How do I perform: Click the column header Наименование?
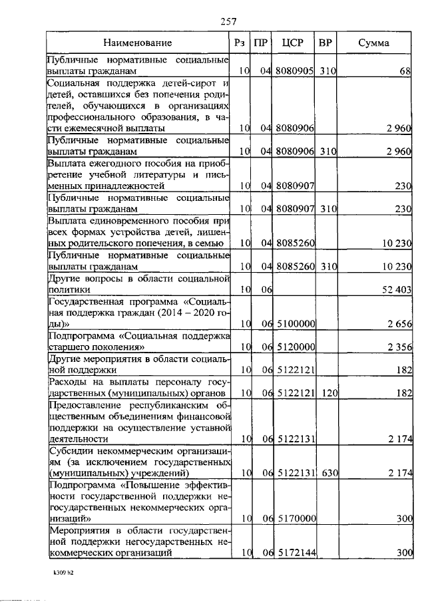(x=138, y=43)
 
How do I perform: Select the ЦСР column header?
(x=293, y=43)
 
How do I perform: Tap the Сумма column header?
(x=374, y=43)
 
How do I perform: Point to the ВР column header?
(x=326, y=43)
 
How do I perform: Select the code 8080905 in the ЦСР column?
(x=295, y=70)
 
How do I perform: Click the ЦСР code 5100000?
(x=295, y=324)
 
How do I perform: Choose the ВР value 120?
(x=326, y=394)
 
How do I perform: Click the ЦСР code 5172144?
(x=295, y=552)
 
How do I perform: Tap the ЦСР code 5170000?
(x=295, y=518)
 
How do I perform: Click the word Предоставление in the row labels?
(x=83, y=405)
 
